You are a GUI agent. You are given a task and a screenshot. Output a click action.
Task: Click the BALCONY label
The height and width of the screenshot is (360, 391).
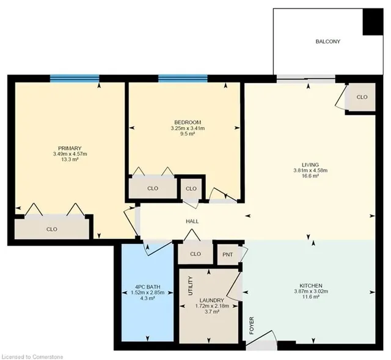click(x=327, y=42)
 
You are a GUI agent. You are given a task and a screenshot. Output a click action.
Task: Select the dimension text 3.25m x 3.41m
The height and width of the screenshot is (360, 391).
click(x=188, y=128)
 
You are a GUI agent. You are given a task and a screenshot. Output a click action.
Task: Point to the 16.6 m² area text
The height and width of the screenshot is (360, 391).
click(x=310, y=176)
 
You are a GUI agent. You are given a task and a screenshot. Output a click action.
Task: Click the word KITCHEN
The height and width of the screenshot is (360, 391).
click(x=311, y=285)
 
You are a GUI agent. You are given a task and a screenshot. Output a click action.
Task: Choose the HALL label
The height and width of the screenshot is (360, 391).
click(x=192, y=221)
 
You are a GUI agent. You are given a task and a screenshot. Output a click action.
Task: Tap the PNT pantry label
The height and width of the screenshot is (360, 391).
click(x=227, y=254)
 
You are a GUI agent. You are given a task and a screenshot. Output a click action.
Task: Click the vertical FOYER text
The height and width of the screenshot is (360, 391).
click(x=251, y=325)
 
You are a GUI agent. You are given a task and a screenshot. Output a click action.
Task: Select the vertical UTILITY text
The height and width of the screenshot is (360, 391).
click(x=191, y=285)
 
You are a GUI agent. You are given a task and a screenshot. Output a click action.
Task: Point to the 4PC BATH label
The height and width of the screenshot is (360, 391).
click(x=148, y=287)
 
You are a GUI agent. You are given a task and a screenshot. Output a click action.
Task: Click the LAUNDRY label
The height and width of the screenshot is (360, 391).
click(x=212, y=300)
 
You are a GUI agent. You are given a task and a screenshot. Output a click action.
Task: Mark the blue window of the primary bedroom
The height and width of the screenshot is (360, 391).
click(x=75, y=78)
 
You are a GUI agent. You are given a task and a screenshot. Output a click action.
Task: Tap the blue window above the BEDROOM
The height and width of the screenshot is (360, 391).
click(x=183, y=78)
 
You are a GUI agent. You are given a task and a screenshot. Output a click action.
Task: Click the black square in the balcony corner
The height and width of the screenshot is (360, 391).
click(x=373, y=22)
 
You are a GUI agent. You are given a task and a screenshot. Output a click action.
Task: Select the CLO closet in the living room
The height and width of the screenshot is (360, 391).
click(x=362, y=97)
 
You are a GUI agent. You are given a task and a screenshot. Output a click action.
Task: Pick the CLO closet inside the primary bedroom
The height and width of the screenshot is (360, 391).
click(x=52, y=229)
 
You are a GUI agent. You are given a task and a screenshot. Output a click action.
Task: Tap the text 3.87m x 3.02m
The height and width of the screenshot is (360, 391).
click(x=311, y=291)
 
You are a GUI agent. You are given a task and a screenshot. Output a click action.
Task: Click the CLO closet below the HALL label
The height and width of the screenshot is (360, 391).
click(x=195, y=254)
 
